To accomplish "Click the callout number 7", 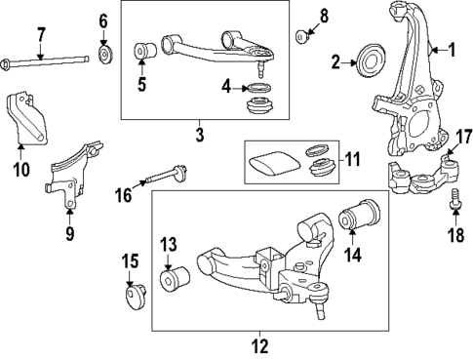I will pos(41,35).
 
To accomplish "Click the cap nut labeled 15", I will pos(133,294).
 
